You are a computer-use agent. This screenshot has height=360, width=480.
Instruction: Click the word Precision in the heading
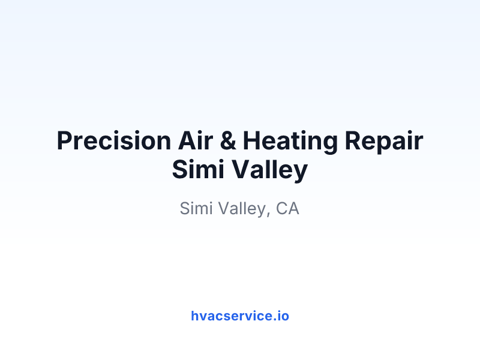click(x=114, y=140)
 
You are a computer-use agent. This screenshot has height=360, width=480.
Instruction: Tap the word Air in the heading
click(x=196, y=140)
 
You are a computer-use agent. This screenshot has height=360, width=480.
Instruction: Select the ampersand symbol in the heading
click(x=228, y=141)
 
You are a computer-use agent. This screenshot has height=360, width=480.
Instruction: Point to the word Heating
click(x=290, y=142)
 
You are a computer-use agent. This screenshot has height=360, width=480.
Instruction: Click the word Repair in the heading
click(x=384, y=142)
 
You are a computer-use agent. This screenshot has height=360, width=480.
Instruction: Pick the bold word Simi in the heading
click(x=199, y=169)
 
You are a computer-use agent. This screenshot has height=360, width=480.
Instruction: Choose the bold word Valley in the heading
click(x=269, y=171)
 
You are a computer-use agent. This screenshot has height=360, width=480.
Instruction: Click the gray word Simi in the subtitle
click(x=196, y=208)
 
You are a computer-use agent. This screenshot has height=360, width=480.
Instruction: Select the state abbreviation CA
click(x=287, y=208)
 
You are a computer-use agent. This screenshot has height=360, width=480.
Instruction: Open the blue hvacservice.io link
click(x=240, y=316)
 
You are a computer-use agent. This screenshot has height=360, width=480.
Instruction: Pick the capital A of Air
click(x=188, y=140)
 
